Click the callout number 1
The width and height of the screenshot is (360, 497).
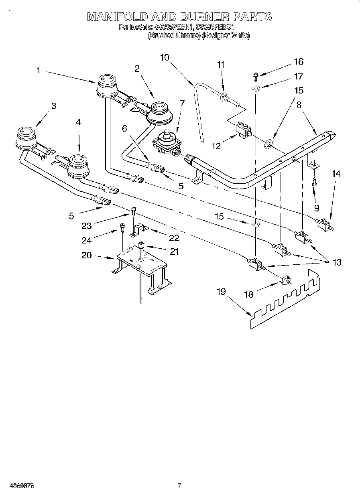38,70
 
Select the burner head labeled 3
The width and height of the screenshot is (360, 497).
26,136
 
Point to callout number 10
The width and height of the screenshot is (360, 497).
165,57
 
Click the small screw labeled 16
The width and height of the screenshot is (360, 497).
255,75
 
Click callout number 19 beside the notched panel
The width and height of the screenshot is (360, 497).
222,292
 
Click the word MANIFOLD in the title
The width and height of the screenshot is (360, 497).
117,17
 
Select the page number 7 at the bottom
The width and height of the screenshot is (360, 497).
179,485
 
